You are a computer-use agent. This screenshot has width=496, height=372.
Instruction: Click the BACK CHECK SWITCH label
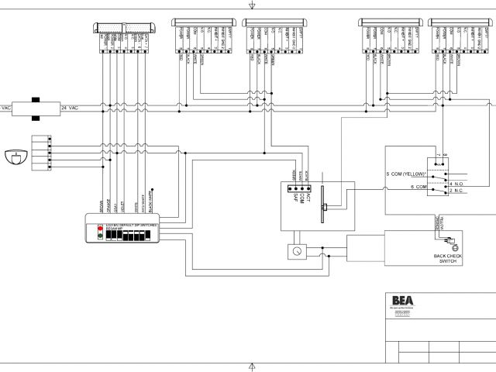click(x=449, y=260)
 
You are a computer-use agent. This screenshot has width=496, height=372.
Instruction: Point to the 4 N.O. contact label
click(x=456, y=183)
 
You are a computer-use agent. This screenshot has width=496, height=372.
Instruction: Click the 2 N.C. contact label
click(x=456, y=191)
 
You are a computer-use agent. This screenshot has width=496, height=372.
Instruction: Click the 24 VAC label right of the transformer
click(x=69, y=107)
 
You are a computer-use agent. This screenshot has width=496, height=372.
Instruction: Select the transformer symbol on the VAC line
click(x=36, y=108)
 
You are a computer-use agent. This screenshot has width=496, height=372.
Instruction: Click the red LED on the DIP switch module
click(x=99, y=229)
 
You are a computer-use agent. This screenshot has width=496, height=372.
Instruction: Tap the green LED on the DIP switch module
click(x=99, y=236)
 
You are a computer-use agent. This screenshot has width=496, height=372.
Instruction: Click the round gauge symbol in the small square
click(x=295, y=252)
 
